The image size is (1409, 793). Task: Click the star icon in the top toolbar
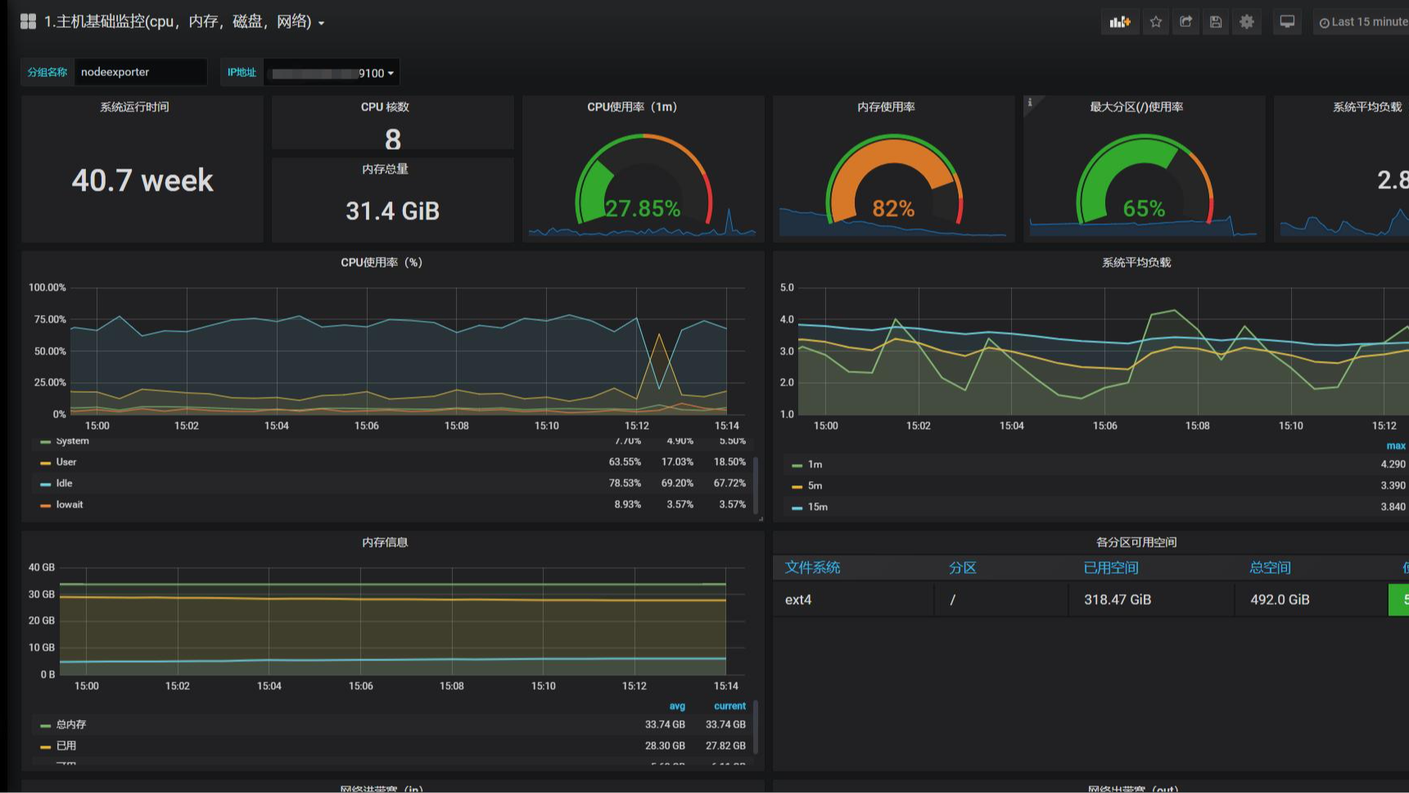pyautogui.click(x=1155, y=22)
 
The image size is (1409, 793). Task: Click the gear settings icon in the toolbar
pyautogui.click(x=1246, y=22)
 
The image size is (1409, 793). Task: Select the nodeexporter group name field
pyautogui.click(x=139, y=72)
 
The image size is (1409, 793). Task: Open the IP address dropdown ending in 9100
pyautogui.click(x=332, y=73)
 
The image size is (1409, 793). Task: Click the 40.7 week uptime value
pyautogui.click(x=142, y=180)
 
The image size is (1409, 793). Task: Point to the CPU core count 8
pyautogui.click(x=393, y=140)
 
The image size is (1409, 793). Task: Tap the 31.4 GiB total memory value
pyautogui.click(x=392, y=211)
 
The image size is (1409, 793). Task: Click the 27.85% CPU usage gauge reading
pyautogui.click(x=643, y=209)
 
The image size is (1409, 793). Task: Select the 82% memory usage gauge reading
pyautogui.click(x=893, y=209)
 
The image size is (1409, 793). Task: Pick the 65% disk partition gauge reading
pyautogui.click(x=1144, y=209)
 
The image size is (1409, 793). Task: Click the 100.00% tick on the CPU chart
pyautogui.click(x=47, y=287)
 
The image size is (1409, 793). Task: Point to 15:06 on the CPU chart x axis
pyautogui.click(x=367, y=426)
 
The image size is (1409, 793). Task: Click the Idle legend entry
pyautogui.click(x=64, y=484)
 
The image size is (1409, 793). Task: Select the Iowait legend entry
pyautogui.click(x=70, y=505)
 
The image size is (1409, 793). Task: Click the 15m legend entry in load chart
pyautogui.click(x=817, y=507)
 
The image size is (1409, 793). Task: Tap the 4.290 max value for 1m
pyautogui.click(x=1393, y=464)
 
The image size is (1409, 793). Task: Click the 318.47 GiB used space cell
pyautogui.click(x=1118, y=600)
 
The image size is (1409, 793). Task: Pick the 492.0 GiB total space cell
pyautogui.click(x=1280, y=600)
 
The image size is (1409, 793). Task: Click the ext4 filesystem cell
pyautogui.click(x=798, y=600)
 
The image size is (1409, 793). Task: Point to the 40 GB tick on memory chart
pyautogui.click(x=42, y=567)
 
